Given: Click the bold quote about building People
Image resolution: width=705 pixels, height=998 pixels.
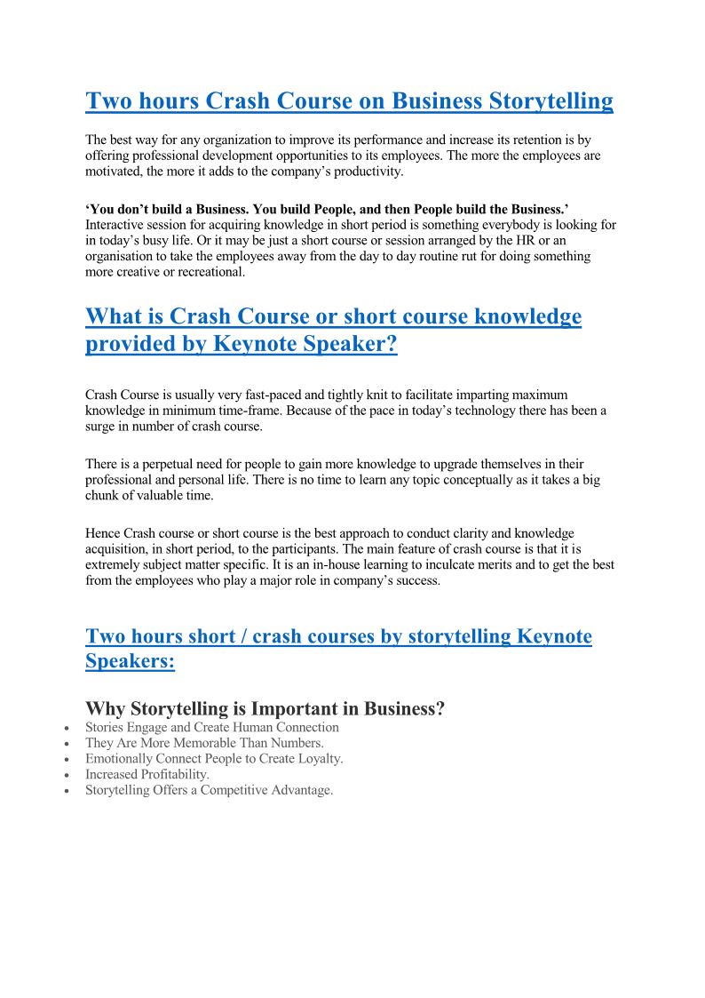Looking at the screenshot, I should click(327, 210).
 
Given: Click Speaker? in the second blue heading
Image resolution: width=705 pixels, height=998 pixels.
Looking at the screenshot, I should click(349, 345).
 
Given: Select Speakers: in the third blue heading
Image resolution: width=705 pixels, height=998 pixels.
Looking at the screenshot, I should click(130, 661).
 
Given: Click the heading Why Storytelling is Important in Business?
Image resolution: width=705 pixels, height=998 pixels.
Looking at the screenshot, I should click(265, 709).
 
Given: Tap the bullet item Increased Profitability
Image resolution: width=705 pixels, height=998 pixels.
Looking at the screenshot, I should click(147, 774).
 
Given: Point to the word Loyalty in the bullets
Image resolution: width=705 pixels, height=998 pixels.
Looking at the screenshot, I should click(319, 759).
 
